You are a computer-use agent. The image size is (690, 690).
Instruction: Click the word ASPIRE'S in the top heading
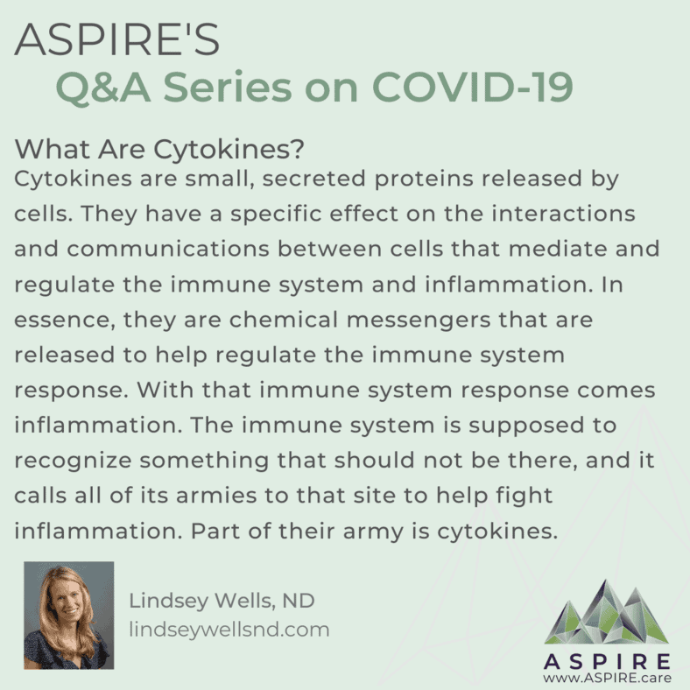tap(117, 40)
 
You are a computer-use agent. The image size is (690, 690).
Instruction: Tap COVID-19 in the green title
tap(473, 87)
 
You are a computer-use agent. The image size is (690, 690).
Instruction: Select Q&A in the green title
tap(103, 88)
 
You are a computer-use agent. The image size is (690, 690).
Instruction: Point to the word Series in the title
tap(228, 87)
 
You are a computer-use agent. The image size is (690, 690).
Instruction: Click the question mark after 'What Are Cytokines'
tap(297, 149)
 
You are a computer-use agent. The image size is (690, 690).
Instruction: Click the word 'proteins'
tap(424, 180)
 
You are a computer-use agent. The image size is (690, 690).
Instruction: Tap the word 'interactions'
tap(563, 214)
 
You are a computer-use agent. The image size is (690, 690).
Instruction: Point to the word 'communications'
tap(168, 249)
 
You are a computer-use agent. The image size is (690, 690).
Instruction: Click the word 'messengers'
tap(419, 320)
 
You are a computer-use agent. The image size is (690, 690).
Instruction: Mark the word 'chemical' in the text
tap(284, 320)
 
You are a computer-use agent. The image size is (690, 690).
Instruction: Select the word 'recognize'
tap(73, 461)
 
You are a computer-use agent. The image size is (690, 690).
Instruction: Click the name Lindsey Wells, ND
tap(222, 601)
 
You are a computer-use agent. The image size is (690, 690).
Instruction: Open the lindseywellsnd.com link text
tap(229, 630)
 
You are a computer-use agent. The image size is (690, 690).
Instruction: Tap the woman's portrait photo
tap(69, 616)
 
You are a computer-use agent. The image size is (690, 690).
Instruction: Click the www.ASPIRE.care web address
tap(608, 678)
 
